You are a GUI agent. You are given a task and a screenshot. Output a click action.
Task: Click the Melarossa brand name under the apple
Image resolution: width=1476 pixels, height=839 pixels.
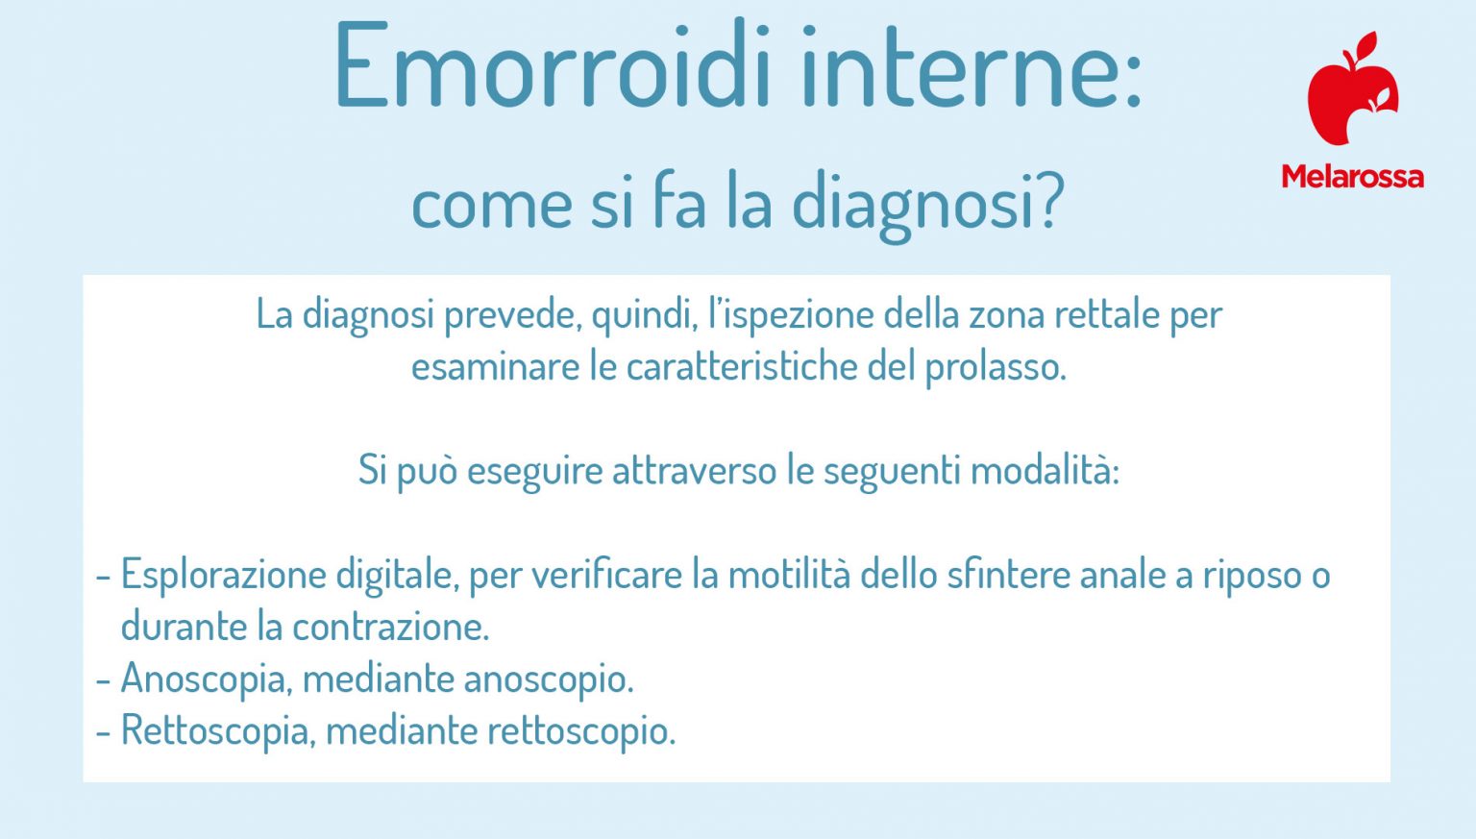(1352, 177)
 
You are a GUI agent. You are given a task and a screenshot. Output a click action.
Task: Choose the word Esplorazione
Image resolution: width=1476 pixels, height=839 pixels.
(223, 575)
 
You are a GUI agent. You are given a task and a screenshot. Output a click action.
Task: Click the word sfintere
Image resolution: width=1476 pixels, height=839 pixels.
(1008, 575)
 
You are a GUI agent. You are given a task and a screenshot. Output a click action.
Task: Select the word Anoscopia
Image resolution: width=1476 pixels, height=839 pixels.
(205, 679)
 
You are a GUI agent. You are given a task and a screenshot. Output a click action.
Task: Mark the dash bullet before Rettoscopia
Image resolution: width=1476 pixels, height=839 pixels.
(104, 730)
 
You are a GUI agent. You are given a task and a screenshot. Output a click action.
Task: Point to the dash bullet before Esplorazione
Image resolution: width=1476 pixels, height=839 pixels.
(104, 576)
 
